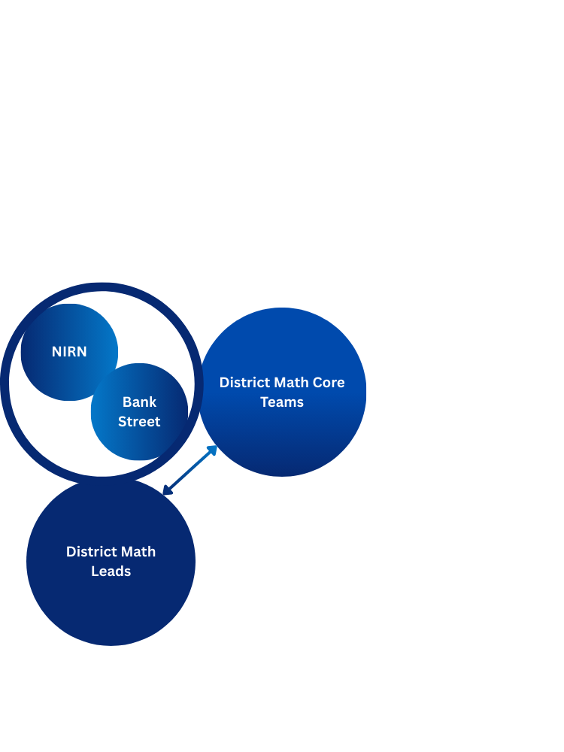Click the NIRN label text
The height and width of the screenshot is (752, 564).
[x=69, y=352]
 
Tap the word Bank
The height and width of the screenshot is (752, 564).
[x=139, y=402]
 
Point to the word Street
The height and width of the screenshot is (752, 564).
[x=139, y=422]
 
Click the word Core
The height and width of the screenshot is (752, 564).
[x=329, y=382]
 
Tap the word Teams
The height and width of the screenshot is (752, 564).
[x=282, y=402]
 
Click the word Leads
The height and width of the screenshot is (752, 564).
[x=111, y=572]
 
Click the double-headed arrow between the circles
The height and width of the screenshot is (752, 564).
[x=190, y=471]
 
